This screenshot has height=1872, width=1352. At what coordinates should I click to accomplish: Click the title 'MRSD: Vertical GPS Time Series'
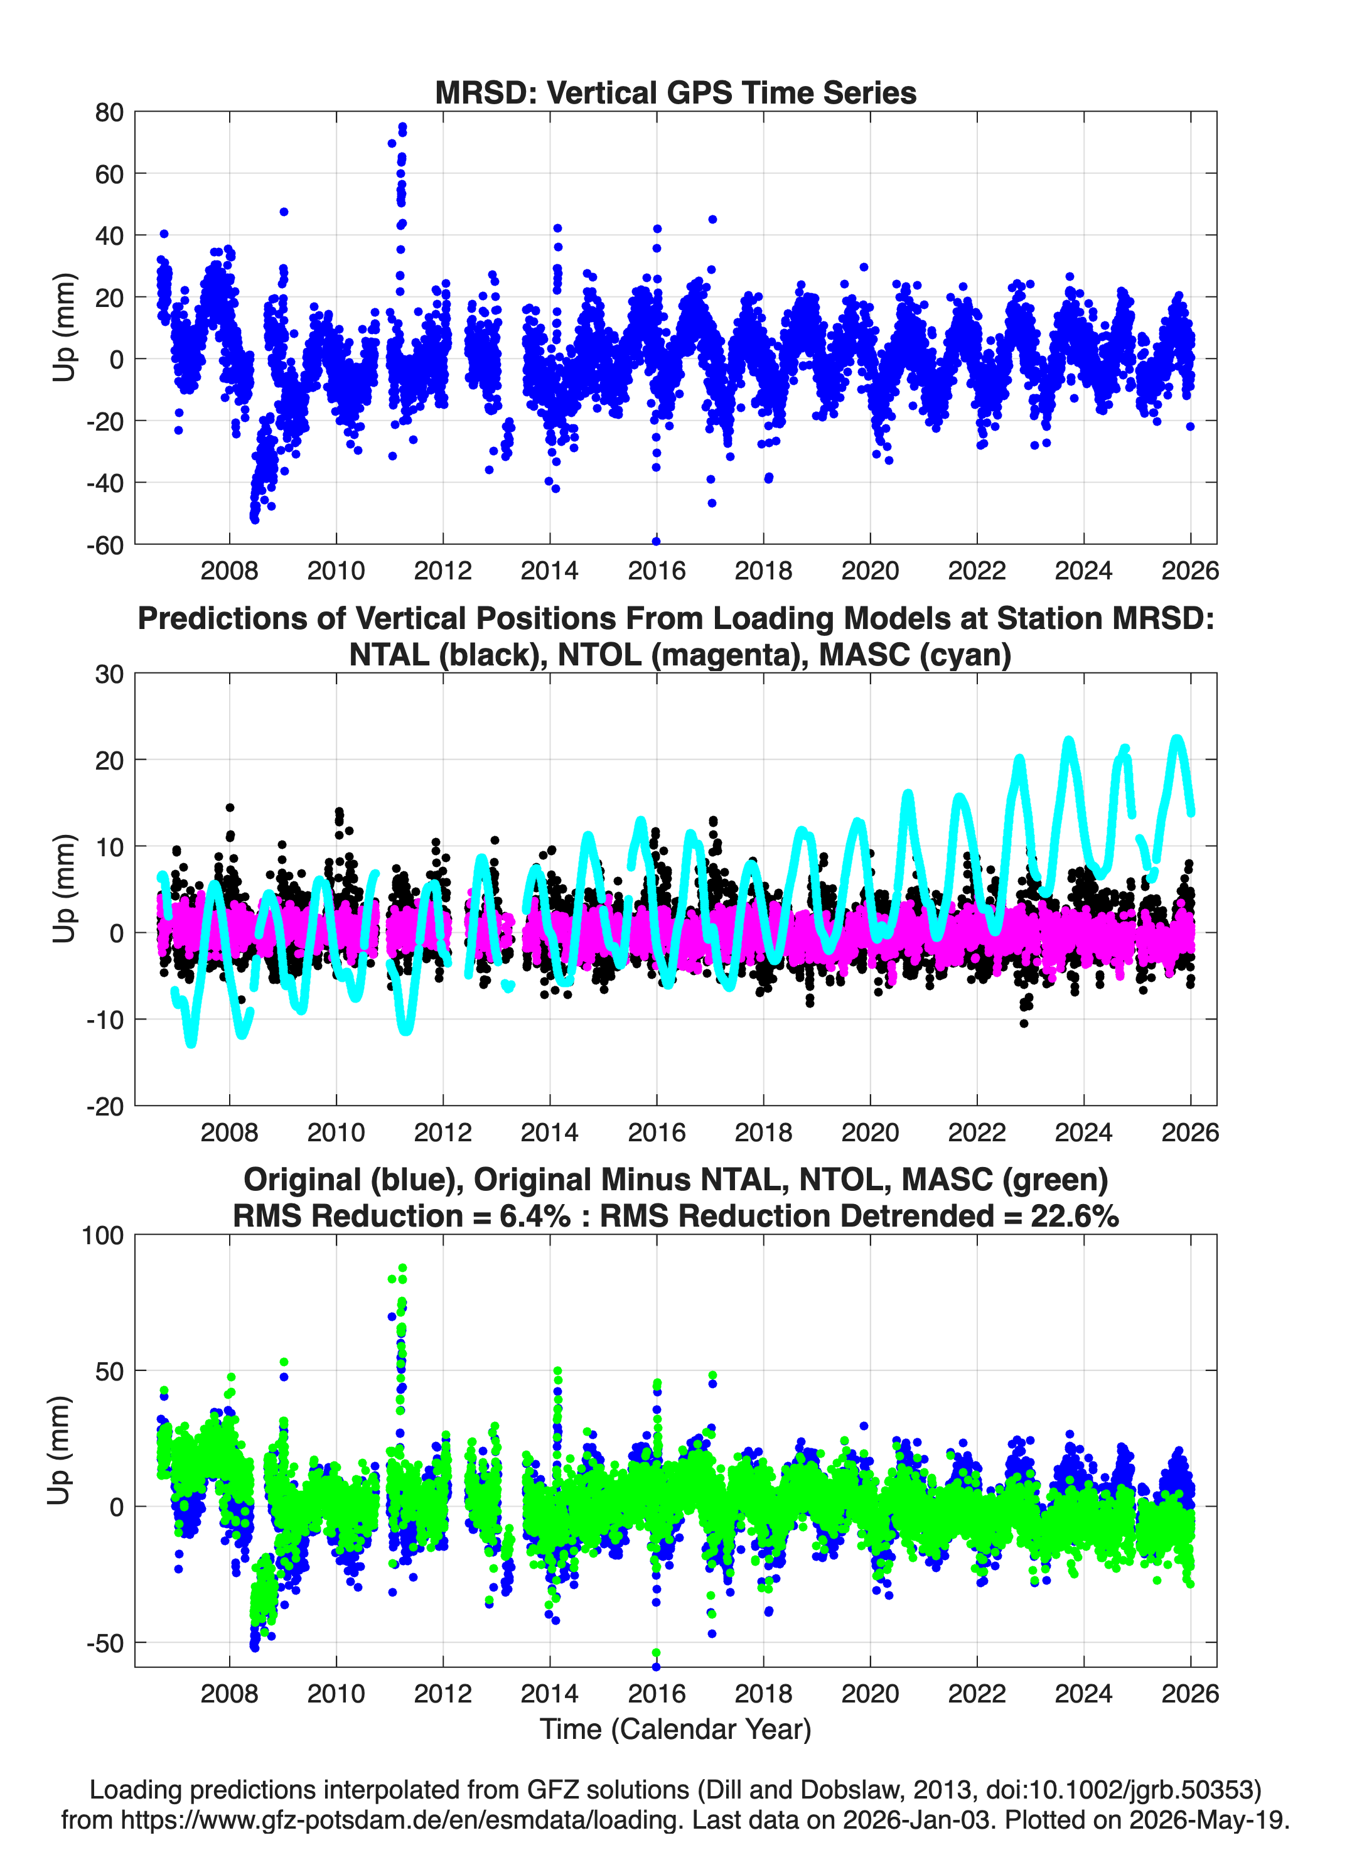pyautogui.click(x=675, y=92)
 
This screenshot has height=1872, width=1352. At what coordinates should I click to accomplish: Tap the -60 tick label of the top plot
pyautogui.click(x=105, y=545)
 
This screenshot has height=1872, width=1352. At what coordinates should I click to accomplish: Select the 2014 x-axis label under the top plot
pyautogui.click(x=550, y=571)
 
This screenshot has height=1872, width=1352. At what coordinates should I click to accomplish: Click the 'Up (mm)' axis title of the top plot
pyautogui.click(x=63, y=328)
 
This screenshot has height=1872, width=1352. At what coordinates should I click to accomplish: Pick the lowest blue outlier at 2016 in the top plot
pyautogui.click(x=656, y=542)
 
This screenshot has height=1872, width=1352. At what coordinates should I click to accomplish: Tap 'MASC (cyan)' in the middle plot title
pyautogui.click(x=915, y=655)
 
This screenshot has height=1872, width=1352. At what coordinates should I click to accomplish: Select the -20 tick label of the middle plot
pyautogui.click(x=105, y=1106)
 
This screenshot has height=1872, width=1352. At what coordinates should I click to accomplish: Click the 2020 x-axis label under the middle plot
pyautogui.click(x=870, y=1132)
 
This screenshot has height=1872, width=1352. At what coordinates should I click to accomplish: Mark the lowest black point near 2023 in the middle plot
pyautogui.click(x=1024, y=1023)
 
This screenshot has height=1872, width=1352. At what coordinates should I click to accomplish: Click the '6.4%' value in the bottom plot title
pyautogui.click(x=535, y=1216)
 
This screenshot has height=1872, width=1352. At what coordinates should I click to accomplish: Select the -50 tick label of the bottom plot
pyautogui.click(x=105, y=1642)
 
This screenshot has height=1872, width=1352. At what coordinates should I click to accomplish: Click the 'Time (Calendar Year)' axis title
pyautogui.click(x=675, y=1728)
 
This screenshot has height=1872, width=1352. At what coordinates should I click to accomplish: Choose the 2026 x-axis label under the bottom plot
pyautogui.click(x=1190, y=1693)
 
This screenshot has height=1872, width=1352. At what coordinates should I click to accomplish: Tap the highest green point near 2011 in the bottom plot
pyautogui.click(x=403, y=1268)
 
